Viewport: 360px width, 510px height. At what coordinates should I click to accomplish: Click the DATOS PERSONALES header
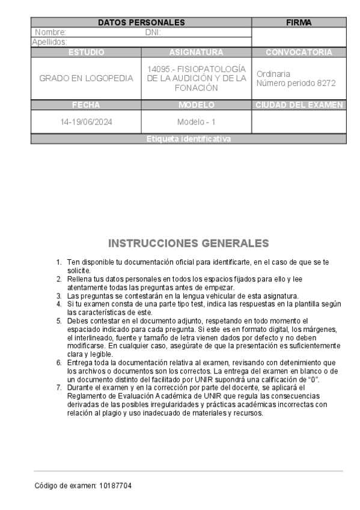[141, 22]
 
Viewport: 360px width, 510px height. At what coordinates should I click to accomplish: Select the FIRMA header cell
[299, 22]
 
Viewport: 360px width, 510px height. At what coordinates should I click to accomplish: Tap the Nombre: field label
[50, 32]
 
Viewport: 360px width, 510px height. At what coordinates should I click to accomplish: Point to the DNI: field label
[153, 32]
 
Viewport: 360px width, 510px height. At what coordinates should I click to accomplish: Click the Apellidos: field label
[49, 42]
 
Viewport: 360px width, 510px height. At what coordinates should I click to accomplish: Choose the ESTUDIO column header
[86, 52]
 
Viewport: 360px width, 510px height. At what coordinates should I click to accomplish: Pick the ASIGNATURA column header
[197, 52]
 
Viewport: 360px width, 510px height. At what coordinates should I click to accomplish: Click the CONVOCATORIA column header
[299, 52]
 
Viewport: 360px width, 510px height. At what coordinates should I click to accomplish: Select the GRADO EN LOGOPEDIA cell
[86, 78]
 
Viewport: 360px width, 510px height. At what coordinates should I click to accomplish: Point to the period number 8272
[326, 83]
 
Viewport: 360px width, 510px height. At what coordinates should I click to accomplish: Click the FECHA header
[86, 105]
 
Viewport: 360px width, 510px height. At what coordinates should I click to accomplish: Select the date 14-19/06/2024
[86, 121]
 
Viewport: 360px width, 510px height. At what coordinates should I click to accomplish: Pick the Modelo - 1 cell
[197, 121]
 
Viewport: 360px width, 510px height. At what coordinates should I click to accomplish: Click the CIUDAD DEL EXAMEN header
[299, 105]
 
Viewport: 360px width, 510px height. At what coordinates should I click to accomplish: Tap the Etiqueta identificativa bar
[189, 139]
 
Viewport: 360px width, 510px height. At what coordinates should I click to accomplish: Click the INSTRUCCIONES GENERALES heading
[189, 244]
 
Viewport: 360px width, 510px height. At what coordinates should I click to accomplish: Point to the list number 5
[59, 321]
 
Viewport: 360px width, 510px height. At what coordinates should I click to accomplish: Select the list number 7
[59, 389]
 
